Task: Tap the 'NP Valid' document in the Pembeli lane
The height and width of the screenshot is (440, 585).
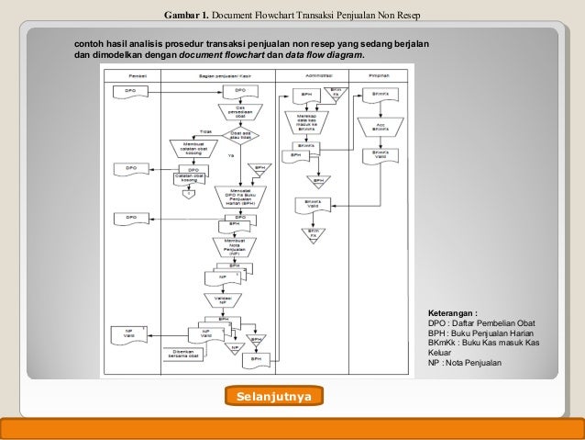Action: click(x=125, y=334)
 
